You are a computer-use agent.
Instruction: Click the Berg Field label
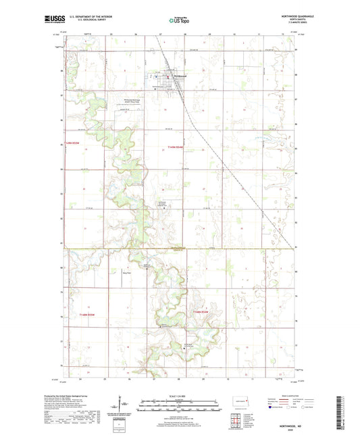coord(126,273)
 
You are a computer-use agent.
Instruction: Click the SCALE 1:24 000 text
coord(180,395)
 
